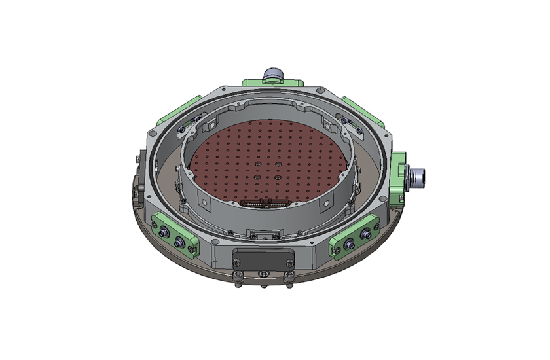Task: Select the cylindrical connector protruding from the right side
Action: (416, 175)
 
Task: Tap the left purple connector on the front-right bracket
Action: (348, 243)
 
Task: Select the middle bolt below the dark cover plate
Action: (263, 274)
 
